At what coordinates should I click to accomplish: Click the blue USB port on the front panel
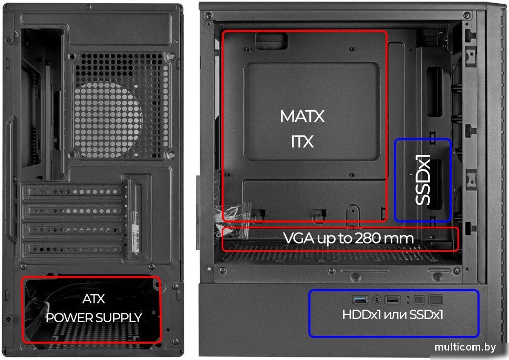click(x=360, y=300)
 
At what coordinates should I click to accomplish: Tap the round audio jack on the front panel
click(x=377, y=300)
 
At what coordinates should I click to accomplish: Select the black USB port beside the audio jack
click(x=392, y=300)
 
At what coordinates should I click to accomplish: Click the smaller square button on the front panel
click(x=419, y=300)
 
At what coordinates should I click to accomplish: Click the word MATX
click(x=302, y=117)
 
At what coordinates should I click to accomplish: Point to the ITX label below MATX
click(x=302, y=142)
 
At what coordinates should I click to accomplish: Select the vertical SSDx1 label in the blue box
click(x=423, y=179)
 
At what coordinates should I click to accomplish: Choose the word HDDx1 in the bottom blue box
click(x=361, y=314)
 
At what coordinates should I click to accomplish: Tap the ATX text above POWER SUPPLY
click(x=94, y=299)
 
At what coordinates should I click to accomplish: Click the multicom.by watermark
click(x=465, y=347)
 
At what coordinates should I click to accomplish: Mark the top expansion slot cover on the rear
click(x=74, y=192)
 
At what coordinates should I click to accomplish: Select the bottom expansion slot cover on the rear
click(x=74, y=249)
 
